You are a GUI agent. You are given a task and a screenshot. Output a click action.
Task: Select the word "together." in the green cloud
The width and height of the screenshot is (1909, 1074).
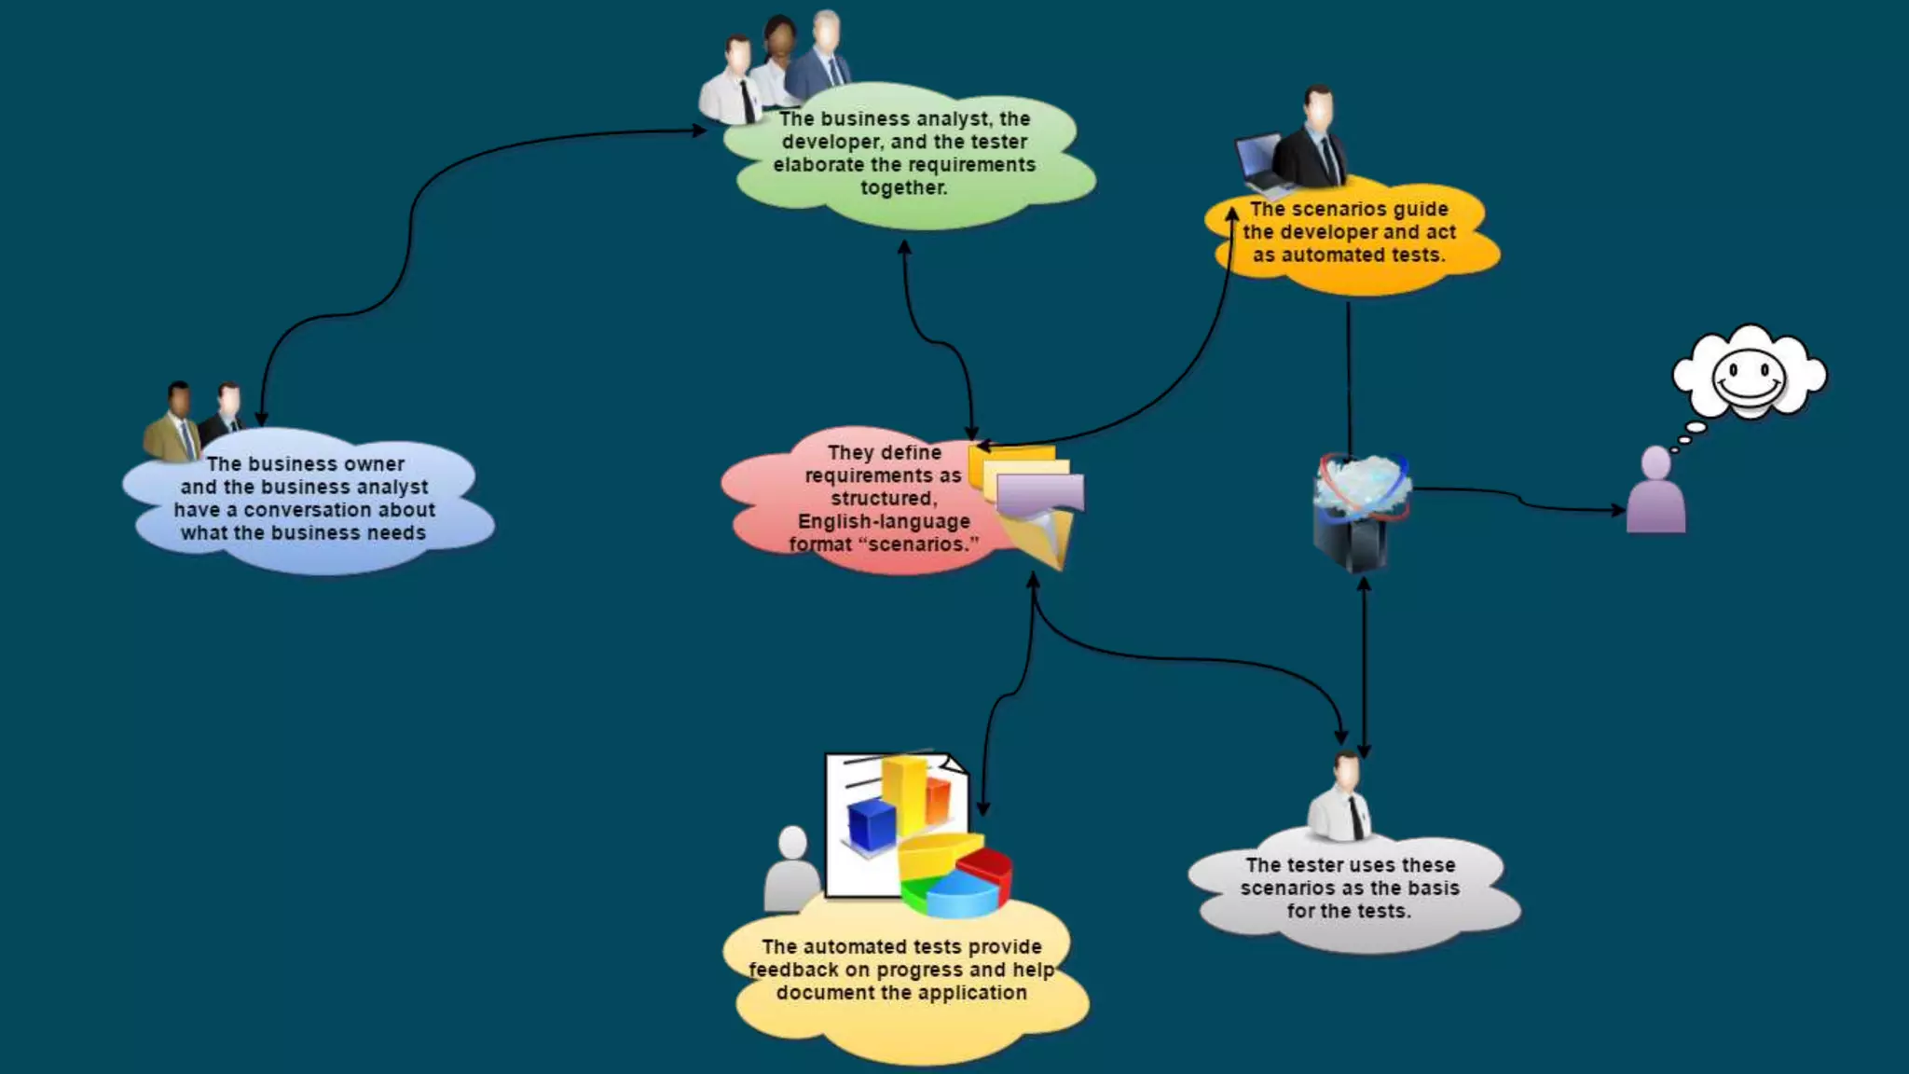click(x=903, y=188)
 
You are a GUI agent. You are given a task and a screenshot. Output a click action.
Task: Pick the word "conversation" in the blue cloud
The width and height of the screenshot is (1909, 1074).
click(x=339, y=510)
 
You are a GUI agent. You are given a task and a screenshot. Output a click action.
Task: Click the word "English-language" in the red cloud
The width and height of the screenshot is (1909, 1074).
click(x=884, y=522)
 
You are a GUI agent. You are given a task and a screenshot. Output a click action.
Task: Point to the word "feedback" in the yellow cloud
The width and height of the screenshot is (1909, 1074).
click(x=792, y=970)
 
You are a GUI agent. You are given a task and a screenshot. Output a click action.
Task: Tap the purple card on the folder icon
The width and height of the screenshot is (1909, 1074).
click(x=1040, y=492)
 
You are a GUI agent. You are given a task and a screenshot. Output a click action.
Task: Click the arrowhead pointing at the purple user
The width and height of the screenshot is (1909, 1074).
click(x=1619, y=510)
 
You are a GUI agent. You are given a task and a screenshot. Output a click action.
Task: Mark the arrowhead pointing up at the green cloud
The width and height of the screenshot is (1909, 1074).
click(x=903, y=247)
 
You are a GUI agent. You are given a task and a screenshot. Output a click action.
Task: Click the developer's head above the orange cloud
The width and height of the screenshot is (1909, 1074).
click(x=1318, y=105)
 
